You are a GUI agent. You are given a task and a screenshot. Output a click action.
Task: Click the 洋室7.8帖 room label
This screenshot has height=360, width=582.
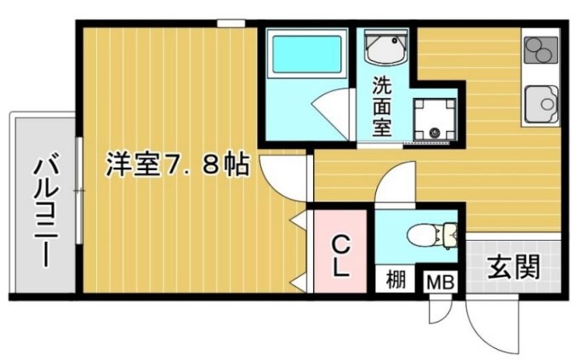click(x=177, y=164)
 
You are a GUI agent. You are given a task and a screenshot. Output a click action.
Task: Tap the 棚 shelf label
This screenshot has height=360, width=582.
click(x=396, y=279)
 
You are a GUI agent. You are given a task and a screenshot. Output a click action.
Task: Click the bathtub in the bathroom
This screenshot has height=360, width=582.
click(x=305, y=56)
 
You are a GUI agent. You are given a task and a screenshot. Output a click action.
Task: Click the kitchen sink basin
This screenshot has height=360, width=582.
click(x=542, y=105)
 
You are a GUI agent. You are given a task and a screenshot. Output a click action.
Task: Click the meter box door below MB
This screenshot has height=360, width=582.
click(x=437, y=311)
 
